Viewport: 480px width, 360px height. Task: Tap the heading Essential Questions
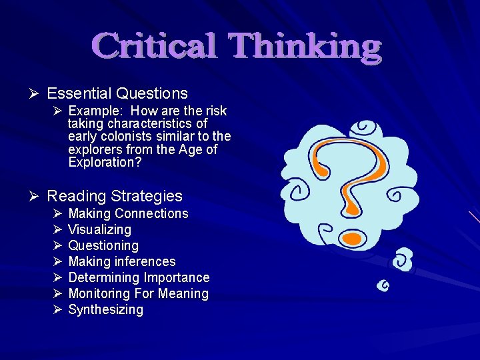tap(117, 93)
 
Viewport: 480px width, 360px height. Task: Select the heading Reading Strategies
tap(115, 196)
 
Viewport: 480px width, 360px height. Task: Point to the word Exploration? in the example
tap(105, 162)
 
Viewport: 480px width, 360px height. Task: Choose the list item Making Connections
tap(128, 213)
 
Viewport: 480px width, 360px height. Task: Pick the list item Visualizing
tap(99, 229)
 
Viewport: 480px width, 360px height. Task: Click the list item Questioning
tap(103, 245)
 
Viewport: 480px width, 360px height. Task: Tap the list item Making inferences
tap(122, 261)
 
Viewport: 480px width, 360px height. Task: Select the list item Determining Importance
tap(139, 277)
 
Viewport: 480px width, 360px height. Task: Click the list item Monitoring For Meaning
tap(138, 293)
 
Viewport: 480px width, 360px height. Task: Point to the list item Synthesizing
tap(105, 309)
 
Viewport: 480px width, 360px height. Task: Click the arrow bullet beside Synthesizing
tap(57, 309)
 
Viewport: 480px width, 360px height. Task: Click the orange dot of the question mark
tap(354, 237)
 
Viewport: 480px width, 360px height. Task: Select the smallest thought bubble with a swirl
tap(383, 286)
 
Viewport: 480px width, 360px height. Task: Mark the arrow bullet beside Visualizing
tap(57, 229)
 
